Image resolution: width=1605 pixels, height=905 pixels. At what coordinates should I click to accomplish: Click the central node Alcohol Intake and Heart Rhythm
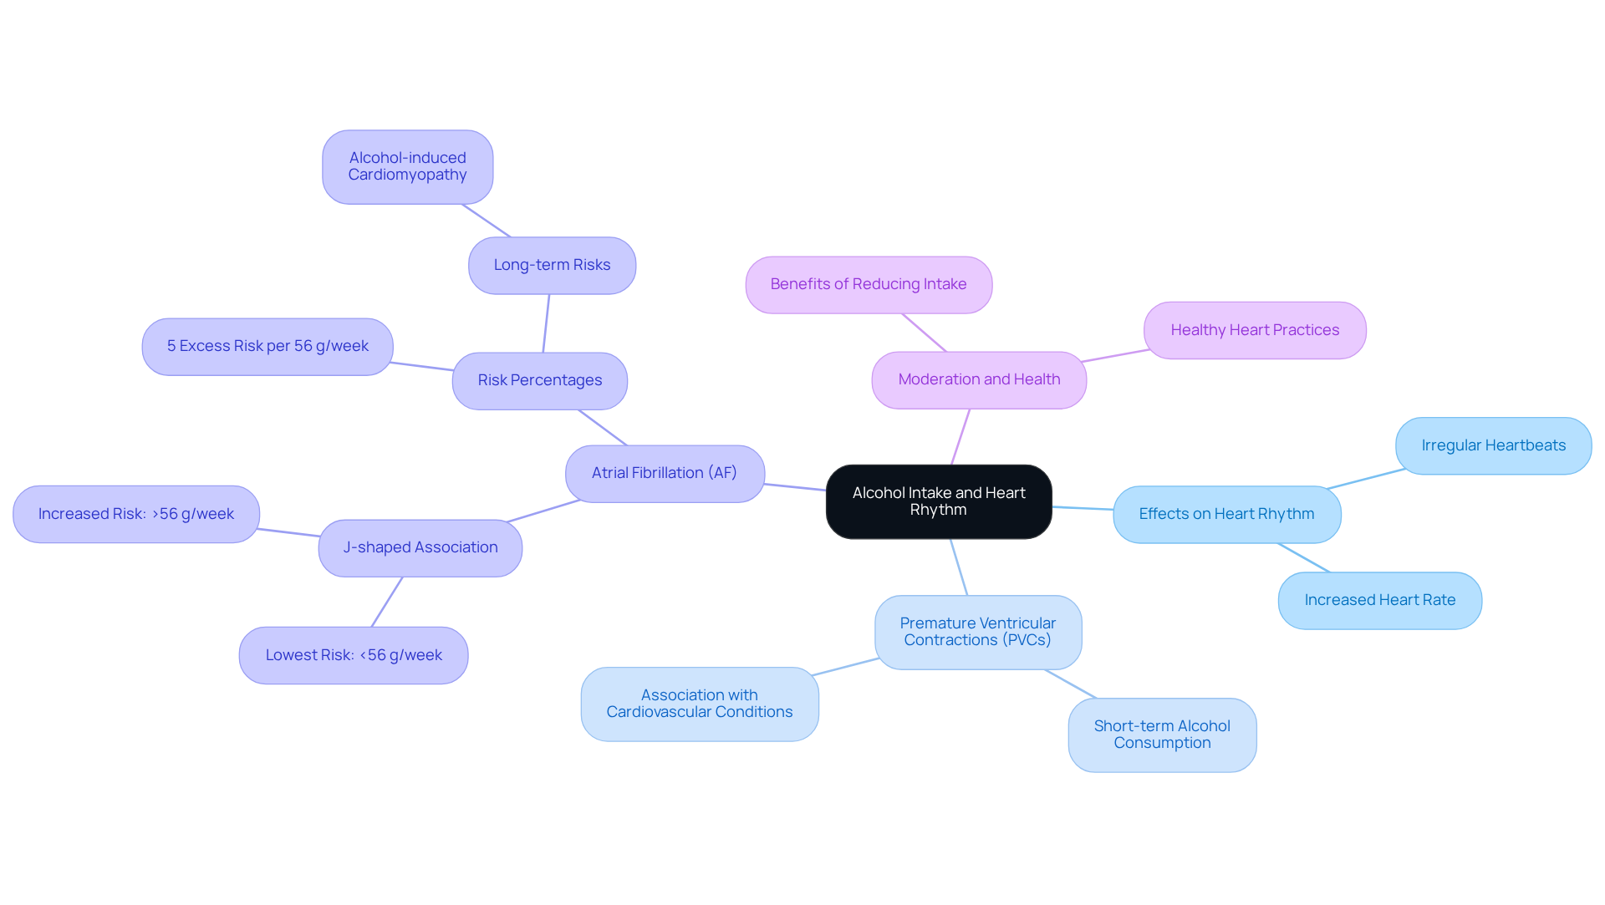tap(938, 501)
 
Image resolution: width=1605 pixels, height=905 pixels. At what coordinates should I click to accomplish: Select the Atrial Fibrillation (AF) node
tap(665, 474)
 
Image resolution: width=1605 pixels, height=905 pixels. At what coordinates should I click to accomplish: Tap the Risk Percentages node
tap(539, 381)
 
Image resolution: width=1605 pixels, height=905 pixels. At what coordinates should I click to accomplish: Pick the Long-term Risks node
tap(552, 266)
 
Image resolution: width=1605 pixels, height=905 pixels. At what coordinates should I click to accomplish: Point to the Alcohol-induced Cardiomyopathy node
tap(407, 167)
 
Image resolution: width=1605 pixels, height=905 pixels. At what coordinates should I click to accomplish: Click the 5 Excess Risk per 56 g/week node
tap(267, 347)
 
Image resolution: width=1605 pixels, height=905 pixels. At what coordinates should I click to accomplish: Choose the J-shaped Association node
tap(420, 548)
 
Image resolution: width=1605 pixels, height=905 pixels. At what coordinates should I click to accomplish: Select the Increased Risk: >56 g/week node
tap(136, 515)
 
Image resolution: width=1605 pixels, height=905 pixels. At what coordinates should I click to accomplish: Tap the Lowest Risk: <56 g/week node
tap(354, 656)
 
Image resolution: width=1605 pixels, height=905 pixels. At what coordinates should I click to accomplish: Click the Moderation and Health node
tap(979, 380)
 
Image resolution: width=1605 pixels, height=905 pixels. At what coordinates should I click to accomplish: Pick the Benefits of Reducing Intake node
tap(869, 285)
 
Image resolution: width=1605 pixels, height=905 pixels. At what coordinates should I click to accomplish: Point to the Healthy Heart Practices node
tap(1255, 331)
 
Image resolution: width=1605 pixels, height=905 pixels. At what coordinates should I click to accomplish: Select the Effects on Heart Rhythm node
tap(1226, 515)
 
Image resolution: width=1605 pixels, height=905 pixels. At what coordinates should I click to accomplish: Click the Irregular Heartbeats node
tap(1493, 446)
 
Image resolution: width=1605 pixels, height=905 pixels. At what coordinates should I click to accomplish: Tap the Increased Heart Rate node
tap(1379, 601)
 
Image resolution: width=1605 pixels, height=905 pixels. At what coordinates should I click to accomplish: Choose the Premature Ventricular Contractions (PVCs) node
tap(978, 633)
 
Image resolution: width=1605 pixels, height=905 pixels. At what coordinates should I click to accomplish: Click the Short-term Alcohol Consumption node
tap(1162, 735)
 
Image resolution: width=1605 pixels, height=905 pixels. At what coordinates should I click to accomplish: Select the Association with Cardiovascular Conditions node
tap(700, 704)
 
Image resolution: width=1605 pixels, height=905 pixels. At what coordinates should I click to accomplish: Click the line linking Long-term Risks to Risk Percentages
tap(546, 323)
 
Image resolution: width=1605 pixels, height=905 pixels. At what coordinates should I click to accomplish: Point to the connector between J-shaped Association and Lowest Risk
tap(387, 602)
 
